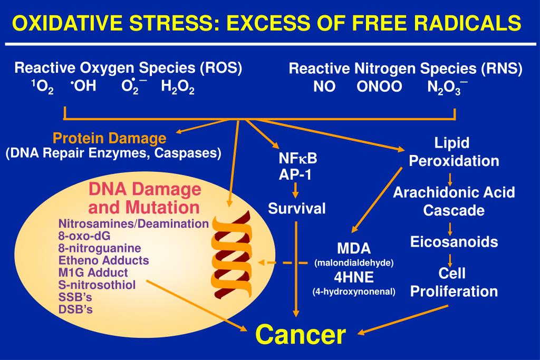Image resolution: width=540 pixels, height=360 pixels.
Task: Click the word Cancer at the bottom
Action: point(301,334)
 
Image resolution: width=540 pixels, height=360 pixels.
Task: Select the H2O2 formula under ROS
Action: point(178,87)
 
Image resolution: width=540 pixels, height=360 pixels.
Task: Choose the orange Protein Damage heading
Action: point(109,139)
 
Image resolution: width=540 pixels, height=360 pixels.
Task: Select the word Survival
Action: point(297,208)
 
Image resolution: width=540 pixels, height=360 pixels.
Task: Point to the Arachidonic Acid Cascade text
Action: point(454,201)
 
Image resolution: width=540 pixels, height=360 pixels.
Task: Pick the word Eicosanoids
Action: point(454,242)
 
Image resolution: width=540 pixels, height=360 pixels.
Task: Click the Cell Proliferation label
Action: point(454,282)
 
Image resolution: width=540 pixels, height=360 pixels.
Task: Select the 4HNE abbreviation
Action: point(354,277)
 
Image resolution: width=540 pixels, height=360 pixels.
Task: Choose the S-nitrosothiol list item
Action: point(97,285)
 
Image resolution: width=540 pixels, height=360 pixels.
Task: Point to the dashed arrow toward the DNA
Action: point(284,262)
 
